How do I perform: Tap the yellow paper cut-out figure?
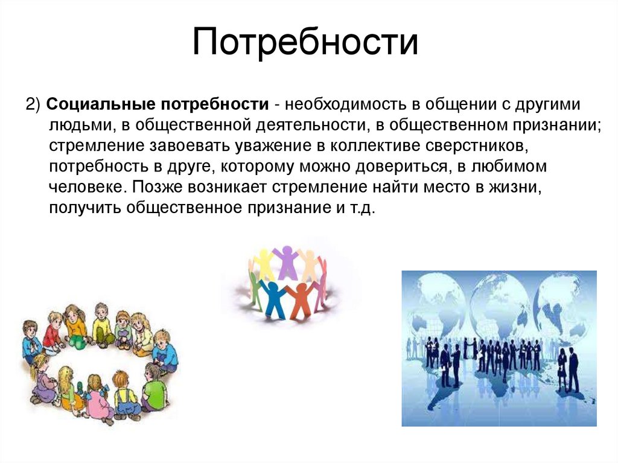(x=264, y=263)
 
